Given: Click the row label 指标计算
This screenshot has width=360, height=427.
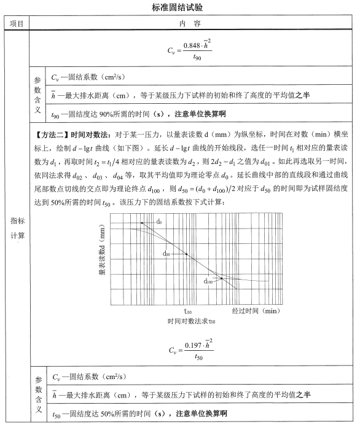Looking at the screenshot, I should pos(17,228).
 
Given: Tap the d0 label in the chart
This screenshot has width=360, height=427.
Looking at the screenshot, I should pos(159,221).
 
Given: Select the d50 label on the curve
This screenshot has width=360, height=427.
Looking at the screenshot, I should pos(166,253).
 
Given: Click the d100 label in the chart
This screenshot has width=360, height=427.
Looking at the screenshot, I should pos(209,281).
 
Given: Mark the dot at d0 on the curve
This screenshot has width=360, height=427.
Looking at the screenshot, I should pos(143,222).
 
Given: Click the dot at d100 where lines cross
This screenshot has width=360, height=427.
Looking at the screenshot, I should pos(221,279).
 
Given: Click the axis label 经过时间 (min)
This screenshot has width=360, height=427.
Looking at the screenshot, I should pos(256,311).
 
